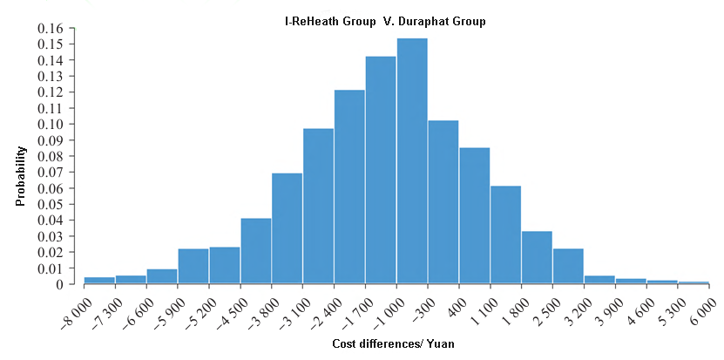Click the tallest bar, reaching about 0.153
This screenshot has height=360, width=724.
click(412, 161)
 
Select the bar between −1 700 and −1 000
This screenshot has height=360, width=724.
click(381, 170)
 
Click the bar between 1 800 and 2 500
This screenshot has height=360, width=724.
click(537, 257)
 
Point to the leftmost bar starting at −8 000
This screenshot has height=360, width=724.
click(99, 281)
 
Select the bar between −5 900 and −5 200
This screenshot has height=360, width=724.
click(193, 266)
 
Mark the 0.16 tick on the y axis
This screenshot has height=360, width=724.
click(51, 29)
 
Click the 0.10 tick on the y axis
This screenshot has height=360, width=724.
click(51, 125)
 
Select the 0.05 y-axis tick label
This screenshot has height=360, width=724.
click(51, 204)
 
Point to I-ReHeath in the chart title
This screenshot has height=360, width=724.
click(309, 21)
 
